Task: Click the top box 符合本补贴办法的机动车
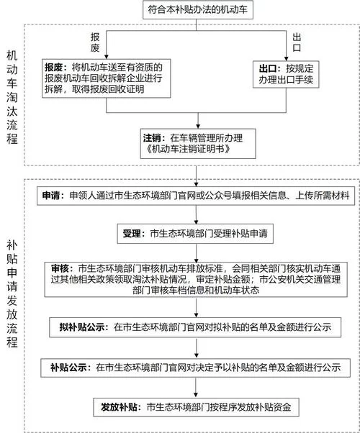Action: point(194,10)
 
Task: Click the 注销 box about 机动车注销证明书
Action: point(194,142)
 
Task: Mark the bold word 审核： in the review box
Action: point(66,266)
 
